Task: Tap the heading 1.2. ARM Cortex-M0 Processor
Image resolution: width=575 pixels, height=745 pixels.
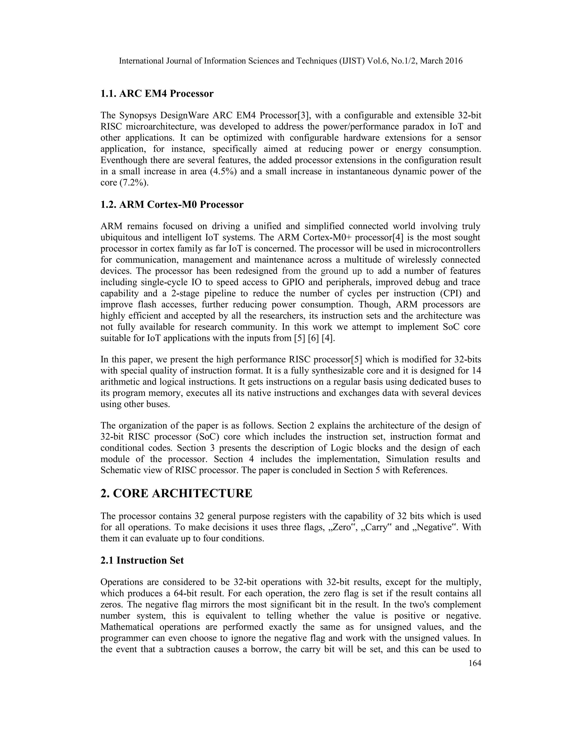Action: click(x=172, y=205)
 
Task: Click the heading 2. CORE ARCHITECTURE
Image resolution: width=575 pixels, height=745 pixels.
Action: click(x=176, y=494)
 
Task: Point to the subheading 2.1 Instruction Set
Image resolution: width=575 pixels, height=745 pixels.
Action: click(x=142, y=561)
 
